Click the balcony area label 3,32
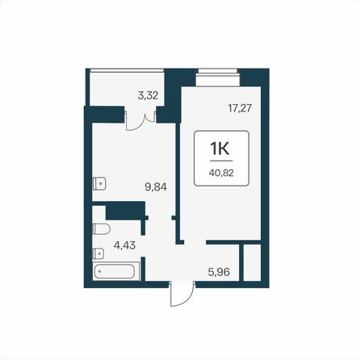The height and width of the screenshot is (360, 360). click(148, 95)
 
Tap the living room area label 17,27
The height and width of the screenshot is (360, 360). click(240, 108)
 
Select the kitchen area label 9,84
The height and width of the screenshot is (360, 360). click(156, 186)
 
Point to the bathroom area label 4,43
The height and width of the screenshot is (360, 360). click(124, 245)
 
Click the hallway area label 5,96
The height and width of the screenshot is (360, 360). click(219, 272)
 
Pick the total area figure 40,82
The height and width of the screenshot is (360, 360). click(221, 173)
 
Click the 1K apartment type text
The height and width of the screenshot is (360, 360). click(220, 149)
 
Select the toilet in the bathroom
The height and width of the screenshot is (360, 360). click(102, 229)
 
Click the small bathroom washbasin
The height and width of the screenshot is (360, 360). click(98, 253)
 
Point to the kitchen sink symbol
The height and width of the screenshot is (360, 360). click(99, 184)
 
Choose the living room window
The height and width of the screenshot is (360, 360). click(218, 71)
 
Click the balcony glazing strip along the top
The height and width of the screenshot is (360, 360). click(127, 70)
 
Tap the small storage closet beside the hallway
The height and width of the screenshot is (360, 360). click(252, 262)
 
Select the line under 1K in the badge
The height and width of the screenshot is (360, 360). click(221, 161)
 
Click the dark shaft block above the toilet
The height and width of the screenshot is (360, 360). click(125, 211)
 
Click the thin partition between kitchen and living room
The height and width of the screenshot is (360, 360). click(178, 183)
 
